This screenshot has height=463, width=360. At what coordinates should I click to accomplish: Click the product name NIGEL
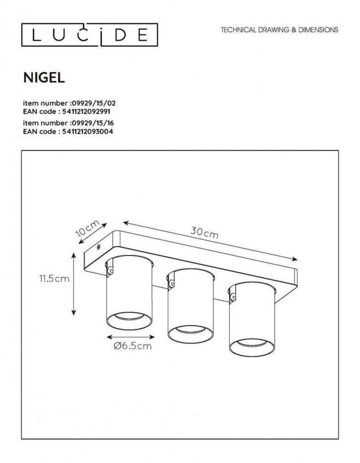pyautogui.click(x=44, y=77)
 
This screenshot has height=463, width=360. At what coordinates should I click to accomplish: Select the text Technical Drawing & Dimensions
pyautogui.click(x=279, y=30)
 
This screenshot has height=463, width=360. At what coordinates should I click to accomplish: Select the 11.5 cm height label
pyautogui.click(x=55, y=279)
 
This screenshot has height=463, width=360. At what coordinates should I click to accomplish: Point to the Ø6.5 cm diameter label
pyautogui.click(x=133, y=346)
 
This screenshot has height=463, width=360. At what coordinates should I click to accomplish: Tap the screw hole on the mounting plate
pyautogui.click(x=98, y=247)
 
